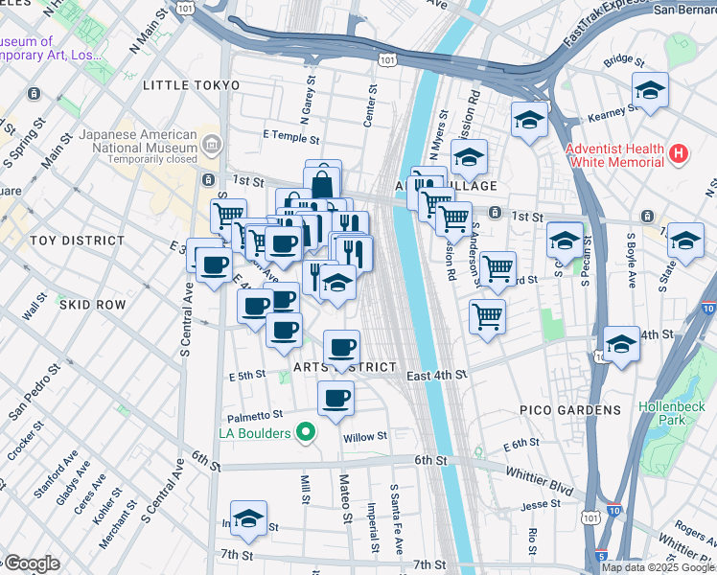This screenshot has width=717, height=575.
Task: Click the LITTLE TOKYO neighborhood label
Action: pyautogui.click(x=190, y=85)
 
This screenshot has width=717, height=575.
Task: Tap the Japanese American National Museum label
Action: pyautogui.click(x=138, y=142)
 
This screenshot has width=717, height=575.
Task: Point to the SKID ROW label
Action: pyautogui.click(x=92, y=304)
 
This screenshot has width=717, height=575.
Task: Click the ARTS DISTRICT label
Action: pyautogui.click(x=345, y=367)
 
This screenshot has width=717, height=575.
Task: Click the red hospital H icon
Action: pyautogui.click(x=679, y=152)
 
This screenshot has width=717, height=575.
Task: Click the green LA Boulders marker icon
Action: pyautogui.click(x=306, y=433)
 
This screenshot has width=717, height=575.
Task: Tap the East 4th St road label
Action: pyautogui.click(x=435, y=375)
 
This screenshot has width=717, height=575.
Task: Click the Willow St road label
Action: pyautogui.click(x=364, y=436)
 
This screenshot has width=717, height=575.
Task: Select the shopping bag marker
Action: pyautogui.click(x=324, y=183)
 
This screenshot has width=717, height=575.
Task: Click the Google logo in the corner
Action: pyautogui.click(x=31, y=563)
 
